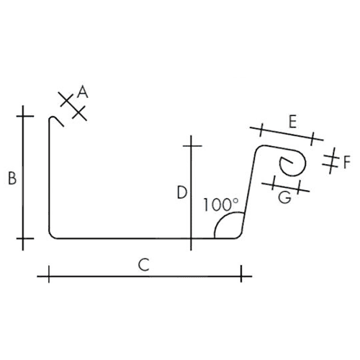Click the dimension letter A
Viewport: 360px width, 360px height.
(x=83, y=92)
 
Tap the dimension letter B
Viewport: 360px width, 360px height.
(x=12, y=178)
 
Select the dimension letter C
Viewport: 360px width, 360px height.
(x=144, y=264)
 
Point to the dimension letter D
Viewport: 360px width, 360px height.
(x=182, y=192)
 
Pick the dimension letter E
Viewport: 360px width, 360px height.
(x=292, y=122)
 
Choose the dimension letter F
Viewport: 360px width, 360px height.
(x=347, y=162)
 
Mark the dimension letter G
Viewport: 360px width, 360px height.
(x=284, y=197)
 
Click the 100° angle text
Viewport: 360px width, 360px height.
(x=221, y=204)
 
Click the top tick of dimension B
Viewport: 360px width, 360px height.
(x=25, y=116)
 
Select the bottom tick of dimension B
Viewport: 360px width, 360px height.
(x=25, y=238)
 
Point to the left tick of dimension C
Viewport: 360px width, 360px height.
(x=49, y=274)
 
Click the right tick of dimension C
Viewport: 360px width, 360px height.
(x=241, y=274)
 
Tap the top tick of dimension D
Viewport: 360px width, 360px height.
(x=192, y=146)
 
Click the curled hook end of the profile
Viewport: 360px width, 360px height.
(x=293, y=163)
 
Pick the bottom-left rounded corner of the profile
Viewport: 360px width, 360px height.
(x=51, y=236)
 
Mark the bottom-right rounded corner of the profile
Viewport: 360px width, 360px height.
(x=239, y=236)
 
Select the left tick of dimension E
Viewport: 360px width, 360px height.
(x=261, y=130)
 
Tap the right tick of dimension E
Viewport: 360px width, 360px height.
(x=312, y=138)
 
